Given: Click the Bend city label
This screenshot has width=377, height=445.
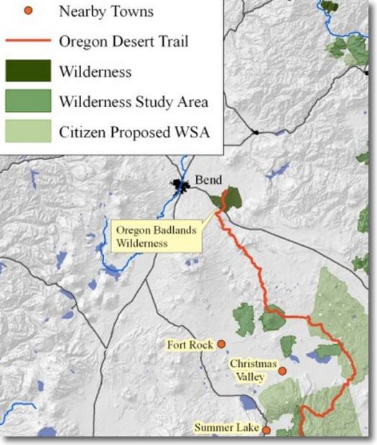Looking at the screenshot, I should (x=208, y=179).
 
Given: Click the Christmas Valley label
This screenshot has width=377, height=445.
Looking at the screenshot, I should (x=248, y=370).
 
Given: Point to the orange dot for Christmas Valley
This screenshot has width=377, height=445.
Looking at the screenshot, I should (x=283, y=371).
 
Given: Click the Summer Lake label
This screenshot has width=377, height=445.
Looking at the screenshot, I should (x=226, y=428).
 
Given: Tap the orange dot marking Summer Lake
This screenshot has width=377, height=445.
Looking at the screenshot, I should (x=266, y=430).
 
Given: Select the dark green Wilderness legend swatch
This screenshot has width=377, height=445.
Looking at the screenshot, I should (x=29, y=71).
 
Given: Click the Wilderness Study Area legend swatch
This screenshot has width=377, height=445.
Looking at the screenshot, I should (x=29, y=101).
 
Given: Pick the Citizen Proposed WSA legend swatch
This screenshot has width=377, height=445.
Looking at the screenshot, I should (x=29, y=130).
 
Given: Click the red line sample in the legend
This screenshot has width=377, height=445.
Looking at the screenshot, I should (x=29, y=42).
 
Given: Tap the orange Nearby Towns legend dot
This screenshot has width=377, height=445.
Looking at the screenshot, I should (x=29, y=12).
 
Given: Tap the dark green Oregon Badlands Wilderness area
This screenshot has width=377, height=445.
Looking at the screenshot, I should (x=232, y=198).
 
